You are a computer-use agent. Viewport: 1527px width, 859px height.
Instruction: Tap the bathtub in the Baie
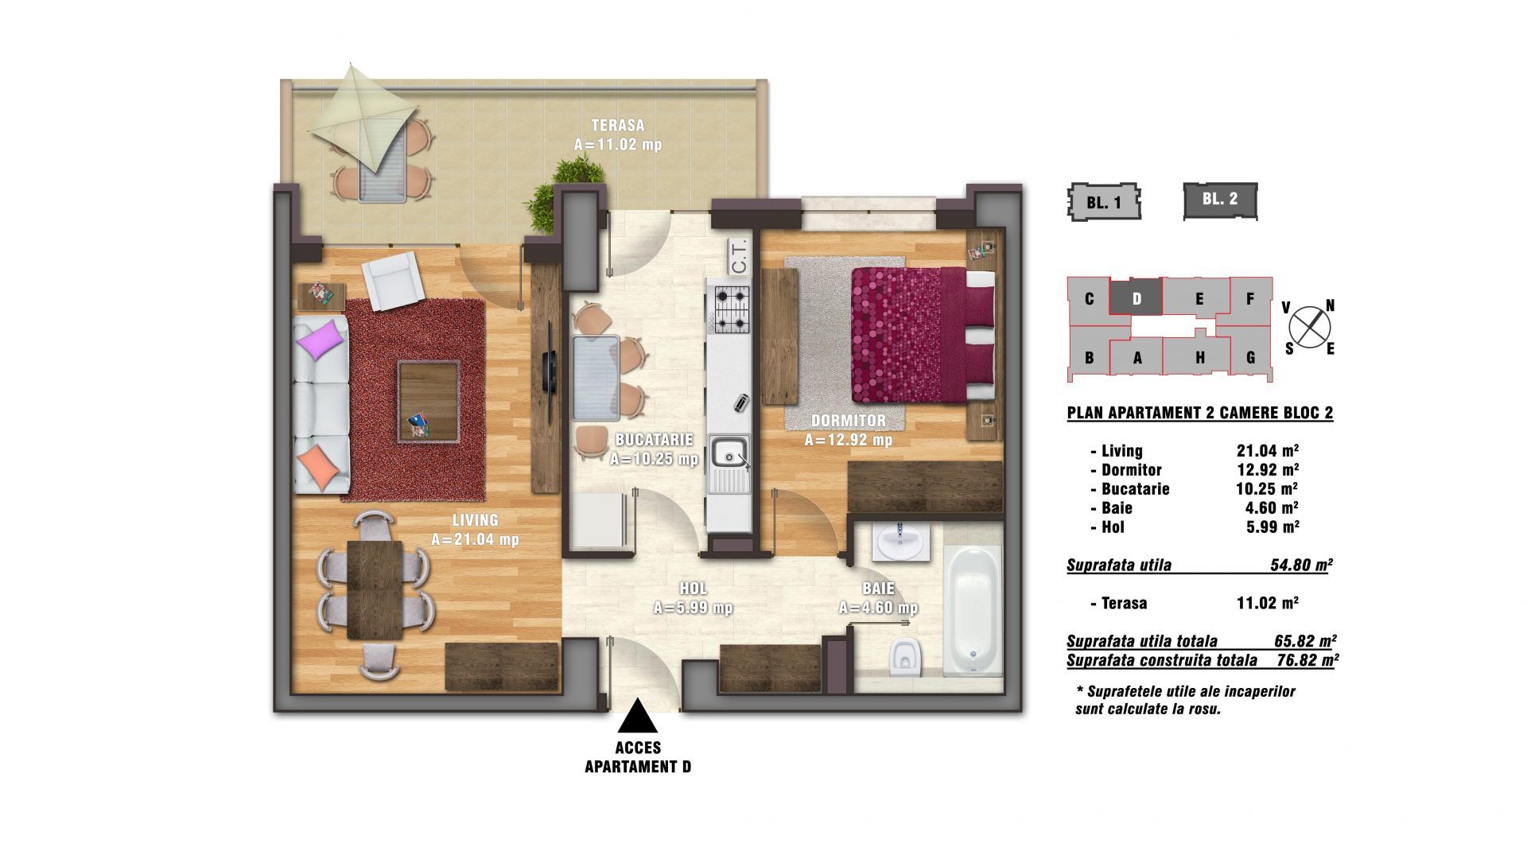(x=972, y=611)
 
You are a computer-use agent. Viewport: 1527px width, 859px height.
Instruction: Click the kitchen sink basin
(x=729, y=453)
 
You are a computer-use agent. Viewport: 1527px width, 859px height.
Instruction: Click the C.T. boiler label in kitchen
(x=737, y=256)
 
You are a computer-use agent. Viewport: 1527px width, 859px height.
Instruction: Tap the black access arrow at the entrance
(x=638, y=715)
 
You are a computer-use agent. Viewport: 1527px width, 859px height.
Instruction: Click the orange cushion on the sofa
(x=317, y=465)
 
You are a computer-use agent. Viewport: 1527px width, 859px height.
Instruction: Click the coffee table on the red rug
(x=429, y=401)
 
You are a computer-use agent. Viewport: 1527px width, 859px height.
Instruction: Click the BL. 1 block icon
(x=1104, y=202)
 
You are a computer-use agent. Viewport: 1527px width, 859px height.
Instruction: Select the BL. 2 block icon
(x=1220, y=200)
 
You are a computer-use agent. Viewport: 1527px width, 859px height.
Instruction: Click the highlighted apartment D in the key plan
(x=1137, y=298)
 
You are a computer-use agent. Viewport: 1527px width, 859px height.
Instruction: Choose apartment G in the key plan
(x=1249, y=357)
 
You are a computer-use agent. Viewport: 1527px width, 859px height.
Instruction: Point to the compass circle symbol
(x=1309, y=326)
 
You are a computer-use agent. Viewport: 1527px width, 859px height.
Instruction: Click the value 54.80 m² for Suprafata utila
(x=1301, y=566)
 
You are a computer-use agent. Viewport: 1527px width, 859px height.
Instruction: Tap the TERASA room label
(x=618, y=126)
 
